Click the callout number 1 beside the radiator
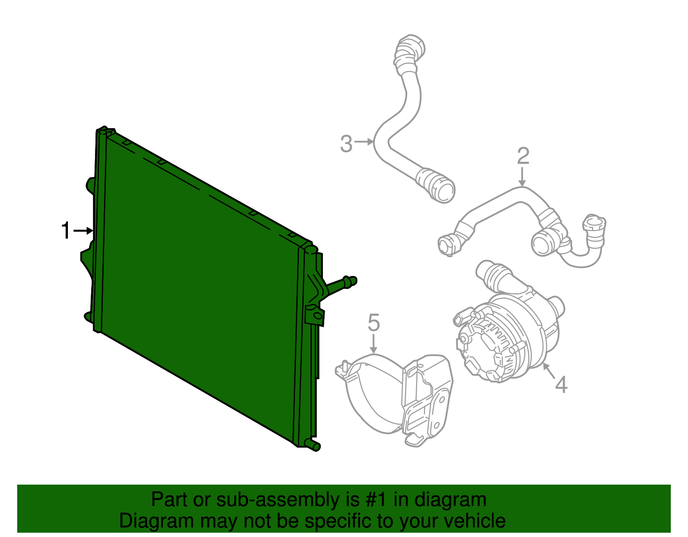click(x=66, y=230)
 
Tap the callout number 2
click(x=523, y=156)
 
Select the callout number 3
click(x=346, y=144)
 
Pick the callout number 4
click(x=561, y=384)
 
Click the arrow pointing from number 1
click(x=84, y=231)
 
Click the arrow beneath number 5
click(x=374, y=344)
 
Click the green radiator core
click(x=198, y=284)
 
